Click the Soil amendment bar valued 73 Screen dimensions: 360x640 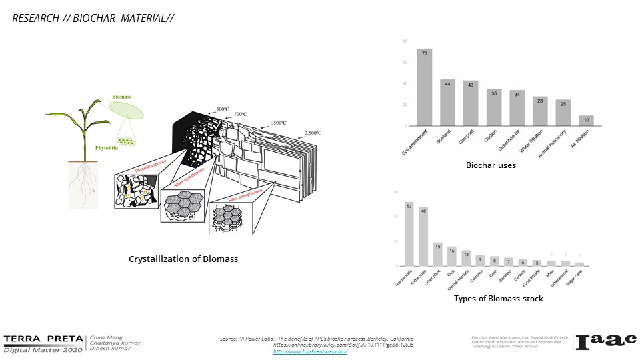click(425, 87)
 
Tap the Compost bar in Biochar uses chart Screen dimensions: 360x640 click(471, 103)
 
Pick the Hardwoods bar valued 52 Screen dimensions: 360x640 click(409, 233)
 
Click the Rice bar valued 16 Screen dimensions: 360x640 click(452, 256)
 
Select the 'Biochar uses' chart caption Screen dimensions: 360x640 click(490, 165)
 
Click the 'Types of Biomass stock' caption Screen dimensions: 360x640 click(499, 299)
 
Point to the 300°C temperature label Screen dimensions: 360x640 click(222, 109)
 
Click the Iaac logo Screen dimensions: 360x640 click(606, 341)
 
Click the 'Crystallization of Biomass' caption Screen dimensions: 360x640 click(183, 259)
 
